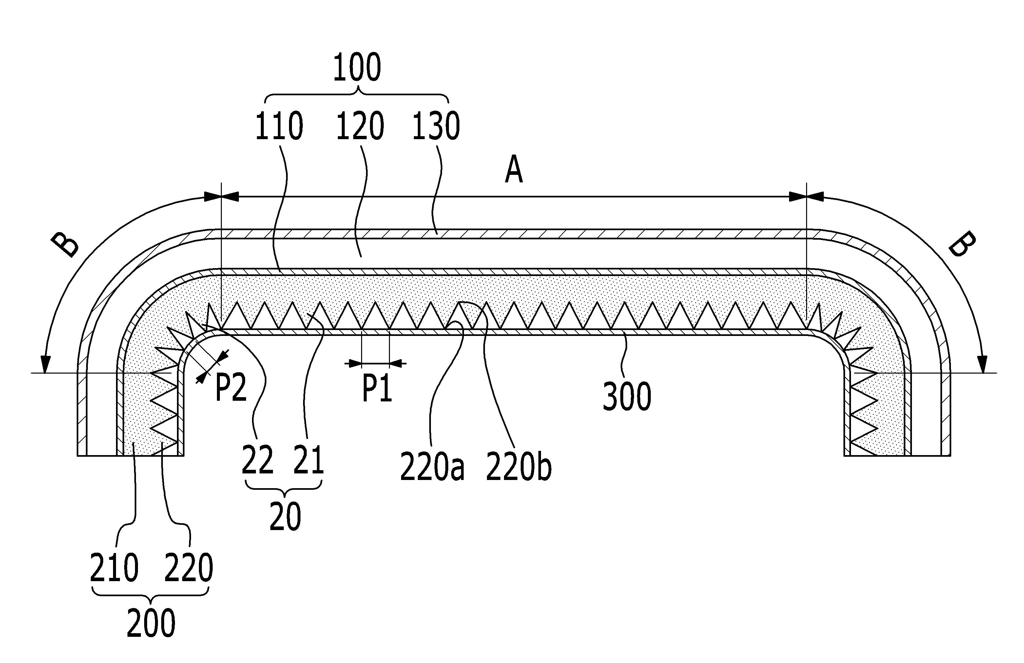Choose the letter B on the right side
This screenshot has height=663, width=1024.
(x=962, y=244)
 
